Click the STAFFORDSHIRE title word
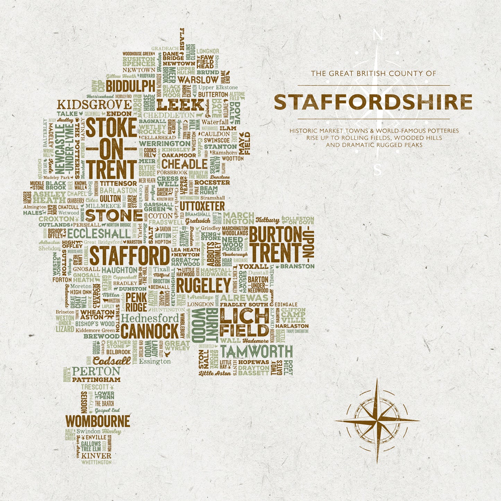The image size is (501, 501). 373,102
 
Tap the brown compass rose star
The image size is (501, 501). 377,421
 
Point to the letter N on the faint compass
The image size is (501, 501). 378,35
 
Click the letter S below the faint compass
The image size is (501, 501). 378,170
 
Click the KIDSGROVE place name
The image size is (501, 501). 94,105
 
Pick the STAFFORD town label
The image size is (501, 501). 130,256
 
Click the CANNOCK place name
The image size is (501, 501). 150,331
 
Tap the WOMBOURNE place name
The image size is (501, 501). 98,422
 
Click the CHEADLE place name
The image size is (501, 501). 184,164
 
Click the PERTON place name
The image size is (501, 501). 96,371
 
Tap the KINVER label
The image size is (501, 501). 96,456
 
